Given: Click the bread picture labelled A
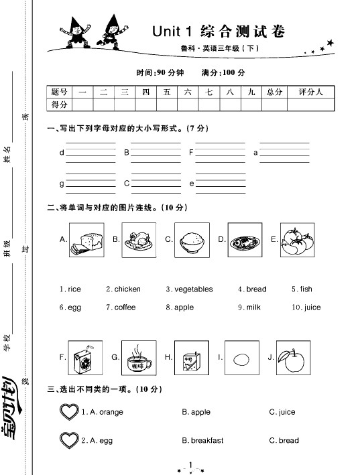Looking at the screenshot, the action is pyautogui.click(x=86, y=239).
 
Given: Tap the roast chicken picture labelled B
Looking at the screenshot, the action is pyautogui.click(x=139, y=239).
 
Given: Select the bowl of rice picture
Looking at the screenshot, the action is pyautogui.click(x=191, y=239).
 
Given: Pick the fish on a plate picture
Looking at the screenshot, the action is pyautogui.click(x=244, y=239).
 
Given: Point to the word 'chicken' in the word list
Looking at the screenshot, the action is pyautogui.click(x=127, y=289).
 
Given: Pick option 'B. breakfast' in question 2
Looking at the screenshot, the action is pyautogui.click(x=202, y=440).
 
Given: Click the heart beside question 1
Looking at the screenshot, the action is pyautogui.click(x=69, y=412).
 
